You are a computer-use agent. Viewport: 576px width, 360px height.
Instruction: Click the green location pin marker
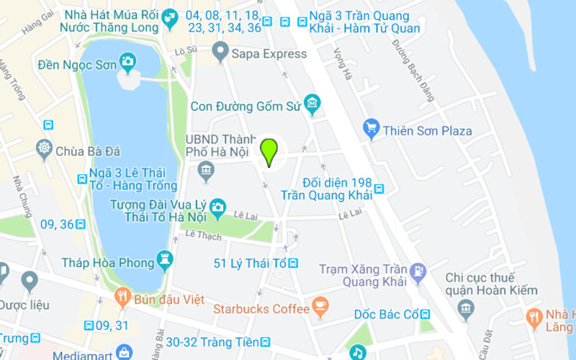pyautogui.click(x=269, y=151)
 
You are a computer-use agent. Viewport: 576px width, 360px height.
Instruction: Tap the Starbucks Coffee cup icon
pyautogui.click(x=320, y=308)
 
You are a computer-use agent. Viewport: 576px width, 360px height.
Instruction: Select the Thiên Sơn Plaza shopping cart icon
pyautogui.click(x=371, y=130)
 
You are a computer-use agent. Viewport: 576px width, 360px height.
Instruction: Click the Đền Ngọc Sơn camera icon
pyautogui.click(x=128, y=62)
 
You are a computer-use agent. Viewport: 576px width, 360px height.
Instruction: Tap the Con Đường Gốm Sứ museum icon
pyautogui.click(x=312, y=105)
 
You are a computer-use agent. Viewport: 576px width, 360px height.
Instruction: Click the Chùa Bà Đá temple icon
pyautogui.click(x=45, y=150)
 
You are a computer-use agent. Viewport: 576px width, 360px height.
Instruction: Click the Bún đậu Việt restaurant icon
pyautogui.click(x=123, y=298)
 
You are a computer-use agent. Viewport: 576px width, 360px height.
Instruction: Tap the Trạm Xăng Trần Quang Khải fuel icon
pyautogui.click(x=418, y=272)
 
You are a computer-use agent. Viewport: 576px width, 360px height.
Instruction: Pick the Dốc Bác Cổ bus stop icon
pyautogui.click(x=426, y=315)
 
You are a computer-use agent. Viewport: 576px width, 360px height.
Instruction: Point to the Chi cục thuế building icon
pyautogui.click(x=465, y=310)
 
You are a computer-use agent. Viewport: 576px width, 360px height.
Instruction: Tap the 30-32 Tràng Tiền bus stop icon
pyautogui.click(x=266, y=342)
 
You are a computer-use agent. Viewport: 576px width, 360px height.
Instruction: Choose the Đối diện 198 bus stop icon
pyautogui.click(x=379, y=189)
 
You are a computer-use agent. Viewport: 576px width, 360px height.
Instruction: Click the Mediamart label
pyautogui.click(x=86, y=354)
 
